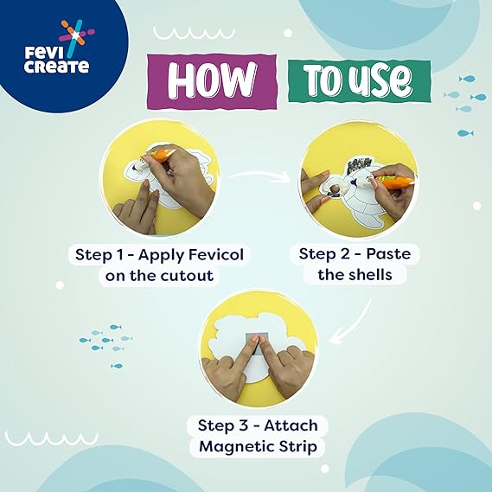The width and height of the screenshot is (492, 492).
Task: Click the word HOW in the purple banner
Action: (x=211, y=80)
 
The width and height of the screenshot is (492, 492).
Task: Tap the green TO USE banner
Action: (x=360, y=81)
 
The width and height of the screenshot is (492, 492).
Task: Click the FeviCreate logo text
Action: (x=56, y=60)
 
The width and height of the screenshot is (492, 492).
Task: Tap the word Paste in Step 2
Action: (x=388, y=253)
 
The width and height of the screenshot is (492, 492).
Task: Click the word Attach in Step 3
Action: (x=291, y=425)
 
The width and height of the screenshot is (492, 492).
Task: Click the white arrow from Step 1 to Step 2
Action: (x=260, y=175)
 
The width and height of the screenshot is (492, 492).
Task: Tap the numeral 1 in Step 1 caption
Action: (x=121, y=254)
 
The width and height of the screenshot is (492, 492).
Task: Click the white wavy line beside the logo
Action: (x=194, y=33)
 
